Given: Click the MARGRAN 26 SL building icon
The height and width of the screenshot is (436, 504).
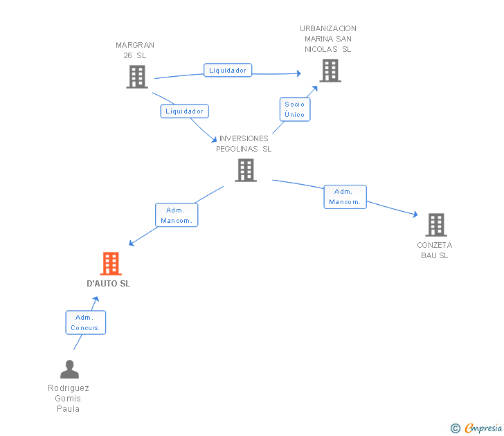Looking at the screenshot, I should [x=137, y=77].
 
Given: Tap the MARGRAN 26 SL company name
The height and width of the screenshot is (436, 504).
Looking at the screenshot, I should [x=135, y=51].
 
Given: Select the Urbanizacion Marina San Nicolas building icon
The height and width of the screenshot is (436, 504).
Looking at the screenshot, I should [x=330, y=71].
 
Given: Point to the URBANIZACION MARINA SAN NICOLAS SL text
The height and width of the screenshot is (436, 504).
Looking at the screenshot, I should [x=328, y=39].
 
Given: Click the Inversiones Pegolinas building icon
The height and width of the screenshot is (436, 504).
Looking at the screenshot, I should [x=246, y=170].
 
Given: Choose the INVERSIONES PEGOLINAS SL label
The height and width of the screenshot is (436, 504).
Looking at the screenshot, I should [x=244, y=143].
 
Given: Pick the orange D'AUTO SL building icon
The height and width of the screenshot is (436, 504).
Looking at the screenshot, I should [x=110, y=264].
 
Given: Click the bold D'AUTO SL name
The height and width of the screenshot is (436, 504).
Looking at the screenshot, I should [x=108, y=284].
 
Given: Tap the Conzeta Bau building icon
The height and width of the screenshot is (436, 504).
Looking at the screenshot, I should [x=435, y=225].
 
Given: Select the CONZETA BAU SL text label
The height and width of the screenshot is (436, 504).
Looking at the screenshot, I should [x=435, y=250].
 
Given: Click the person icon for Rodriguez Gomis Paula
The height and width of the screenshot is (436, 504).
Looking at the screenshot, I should [x=69, y=370].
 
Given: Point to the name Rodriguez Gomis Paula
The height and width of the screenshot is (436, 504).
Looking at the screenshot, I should [x=69, y=398].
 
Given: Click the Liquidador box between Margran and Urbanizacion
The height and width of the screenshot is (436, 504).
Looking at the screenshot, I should [x=228, y=70].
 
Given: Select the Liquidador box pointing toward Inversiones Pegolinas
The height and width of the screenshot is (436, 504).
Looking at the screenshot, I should [x=184, y=111].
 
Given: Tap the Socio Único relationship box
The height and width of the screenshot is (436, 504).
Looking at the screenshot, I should [x=294, y=109].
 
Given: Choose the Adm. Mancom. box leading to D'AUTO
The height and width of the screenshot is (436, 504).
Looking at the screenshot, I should [x=177, y=215].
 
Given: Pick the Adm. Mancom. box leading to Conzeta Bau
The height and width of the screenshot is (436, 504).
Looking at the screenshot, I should [x=345, y=197].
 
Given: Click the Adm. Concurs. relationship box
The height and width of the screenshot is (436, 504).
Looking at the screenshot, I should [x=86, y=323].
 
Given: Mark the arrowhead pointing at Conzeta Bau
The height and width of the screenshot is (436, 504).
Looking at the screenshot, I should [x=415, y=215].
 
